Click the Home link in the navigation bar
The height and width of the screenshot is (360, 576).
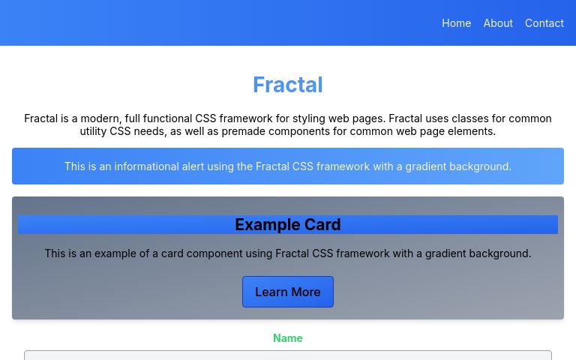coord(456,23)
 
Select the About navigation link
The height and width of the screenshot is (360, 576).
coord(498,23)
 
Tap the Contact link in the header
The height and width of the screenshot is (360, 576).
coord(544,23)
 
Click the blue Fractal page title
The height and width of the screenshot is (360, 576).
coord(288,85)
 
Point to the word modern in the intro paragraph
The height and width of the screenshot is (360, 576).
coord(99,118)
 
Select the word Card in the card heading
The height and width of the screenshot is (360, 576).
coord(323,224)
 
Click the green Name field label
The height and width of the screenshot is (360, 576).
coord(288,338)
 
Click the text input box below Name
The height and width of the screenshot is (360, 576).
coord(288,355)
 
